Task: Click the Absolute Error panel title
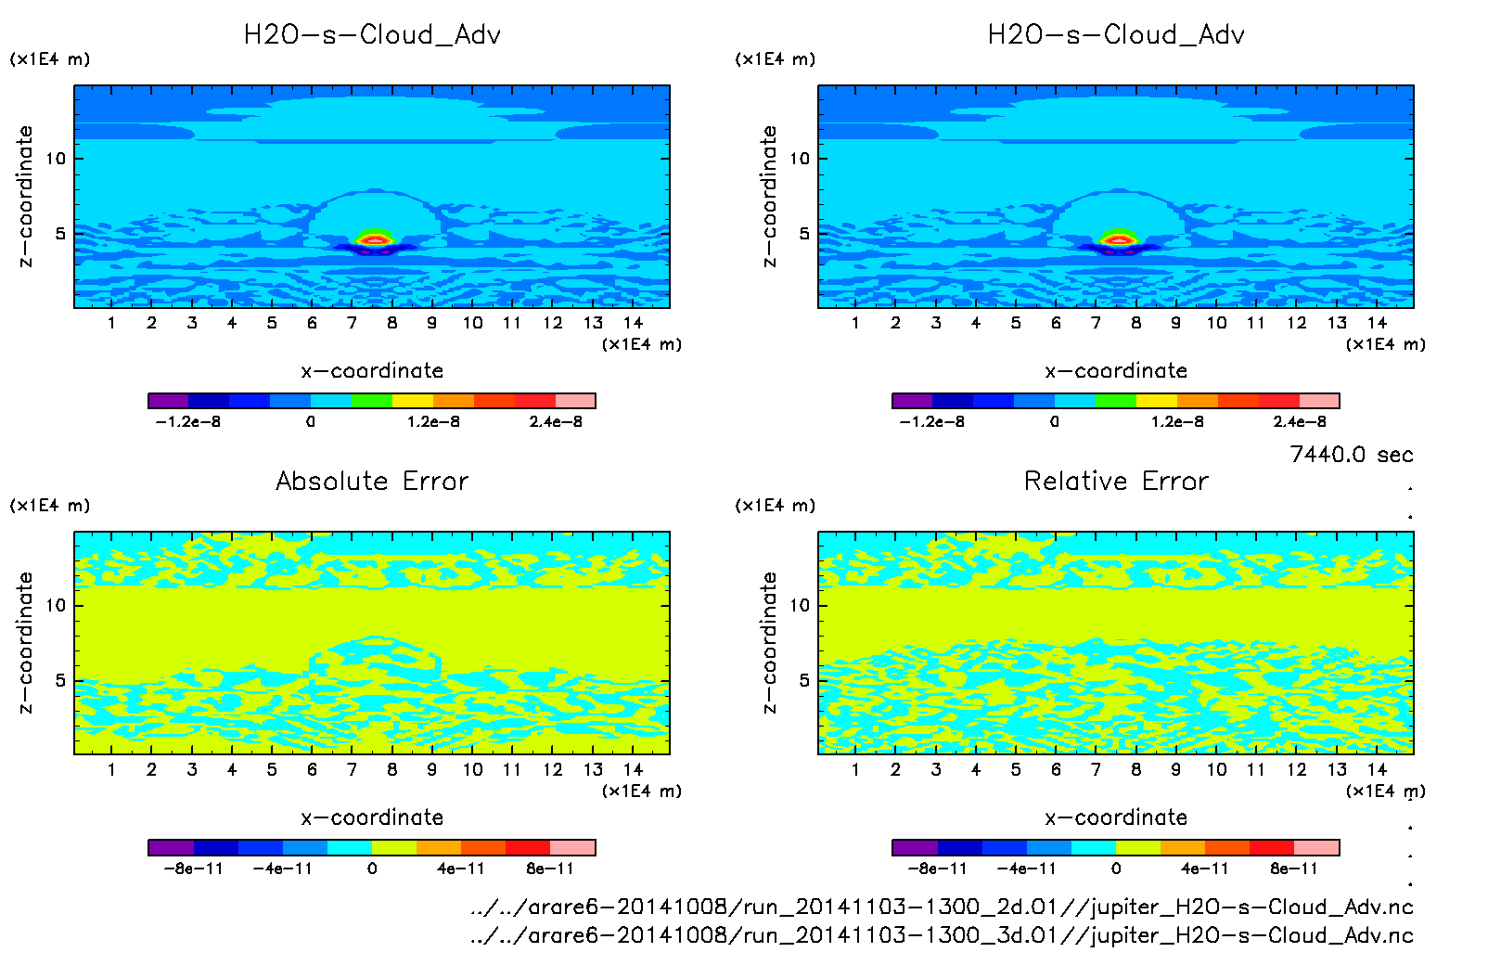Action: (x=372, y=481)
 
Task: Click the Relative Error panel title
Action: (x=1116, y=481)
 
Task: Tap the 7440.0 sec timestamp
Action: (x=1351, y=455)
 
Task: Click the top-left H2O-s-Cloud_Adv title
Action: (x=372, y=35)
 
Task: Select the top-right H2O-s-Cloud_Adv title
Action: (x=1116, y=35)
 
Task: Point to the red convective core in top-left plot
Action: (x=374, y=240)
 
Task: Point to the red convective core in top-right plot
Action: (x=1118, y=240)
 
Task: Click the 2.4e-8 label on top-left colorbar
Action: (x=556, y=422)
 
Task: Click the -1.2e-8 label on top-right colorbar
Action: (x=931, y=422)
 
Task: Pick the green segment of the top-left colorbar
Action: (x=372, y=401)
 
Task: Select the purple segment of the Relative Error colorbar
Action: (x=914, y=847)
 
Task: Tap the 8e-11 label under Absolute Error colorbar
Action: (x=550, y=869)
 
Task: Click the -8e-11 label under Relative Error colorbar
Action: (x=937, y=869)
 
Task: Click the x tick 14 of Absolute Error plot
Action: (x=633, y=769)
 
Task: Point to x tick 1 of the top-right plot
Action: (x=855, y=323)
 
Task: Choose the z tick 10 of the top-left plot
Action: (x=57, y=159)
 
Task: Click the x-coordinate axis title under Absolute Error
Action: (x=372, y=817)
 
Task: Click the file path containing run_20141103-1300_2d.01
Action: (x=942, y=907)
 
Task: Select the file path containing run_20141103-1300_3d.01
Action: (x=942, y=934)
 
